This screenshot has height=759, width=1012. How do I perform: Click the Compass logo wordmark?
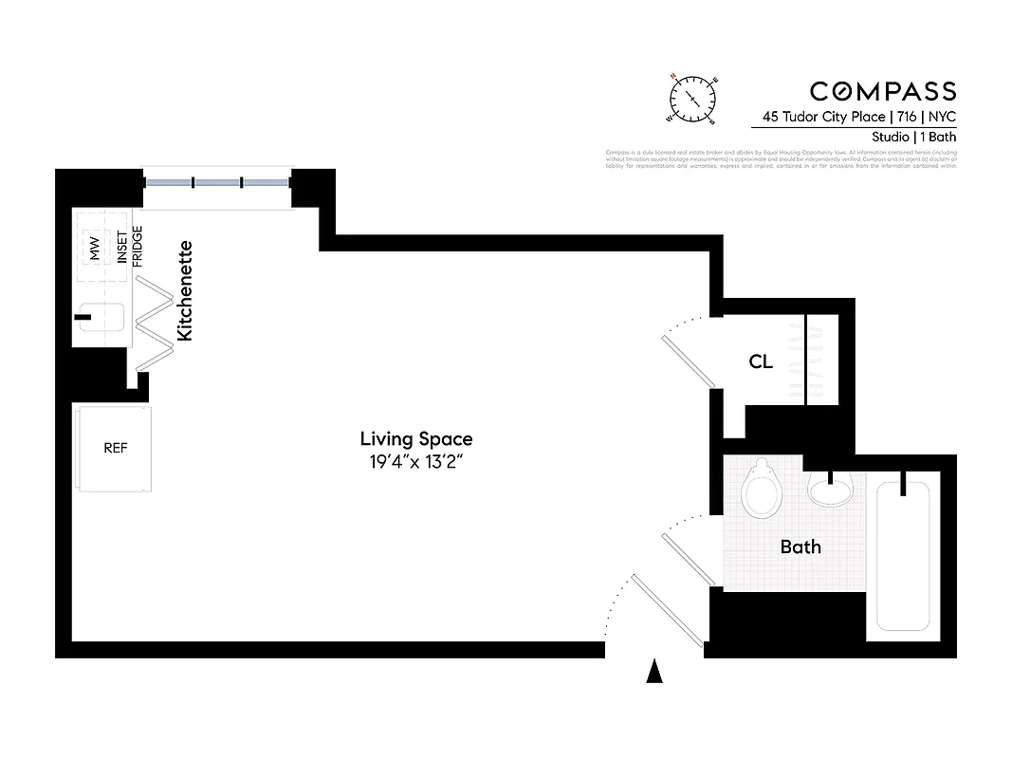[882, 91]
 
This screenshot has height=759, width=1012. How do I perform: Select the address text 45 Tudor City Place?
[820, 118]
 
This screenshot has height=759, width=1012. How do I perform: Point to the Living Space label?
[415, 438]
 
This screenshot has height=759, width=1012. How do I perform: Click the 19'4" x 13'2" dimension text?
[415, 462]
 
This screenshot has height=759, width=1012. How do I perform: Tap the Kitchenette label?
[186, 290]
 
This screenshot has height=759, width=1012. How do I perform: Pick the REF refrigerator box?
[115, 448]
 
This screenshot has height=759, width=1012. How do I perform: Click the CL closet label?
[761, 361]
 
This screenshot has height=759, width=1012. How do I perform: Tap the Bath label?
[800, 546]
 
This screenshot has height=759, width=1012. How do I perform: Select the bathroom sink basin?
[832, 491]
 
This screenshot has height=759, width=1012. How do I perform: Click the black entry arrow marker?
[653, 672]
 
